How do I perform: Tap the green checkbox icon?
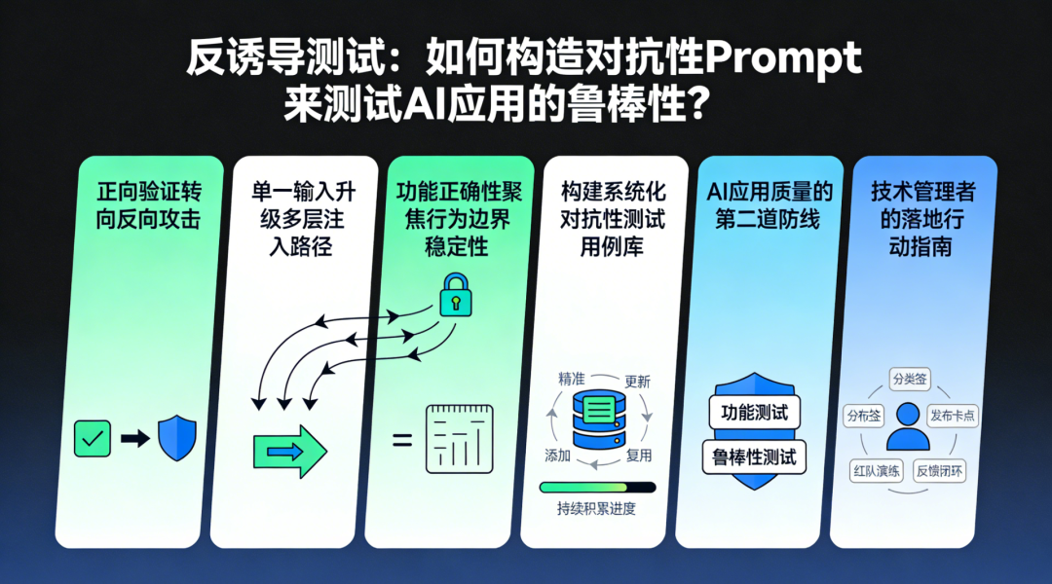click(x=93, y=439)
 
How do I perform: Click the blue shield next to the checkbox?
click(x=177, y=438)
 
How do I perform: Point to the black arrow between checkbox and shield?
click(x=135, y=439)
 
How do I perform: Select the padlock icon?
click(x=454, y=294)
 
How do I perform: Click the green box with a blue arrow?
click(x=289, y=450)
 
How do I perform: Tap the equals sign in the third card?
click(x=400, y=440)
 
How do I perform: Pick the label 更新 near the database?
click(x=637, y=381)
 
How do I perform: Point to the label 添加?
click(x=557, y=456)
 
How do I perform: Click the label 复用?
click(x=639, y=456)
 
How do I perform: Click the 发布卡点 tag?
click(x=953, y=416)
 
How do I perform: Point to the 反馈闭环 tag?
click(x=940, y=470)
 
